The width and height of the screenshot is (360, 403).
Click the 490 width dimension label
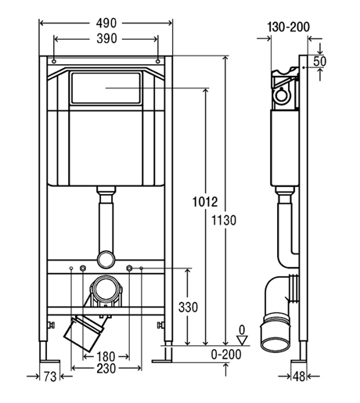(x=106, y=23)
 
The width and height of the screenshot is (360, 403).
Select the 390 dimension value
(x=106, y=39)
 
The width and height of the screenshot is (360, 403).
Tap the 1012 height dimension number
(x=205, y=202)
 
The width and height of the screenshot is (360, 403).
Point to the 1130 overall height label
(x=224, y=220)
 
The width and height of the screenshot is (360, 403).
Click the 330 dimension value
(x=188, y=307)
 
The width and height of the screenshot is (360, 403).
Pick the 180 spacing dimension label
(x=106, y=356)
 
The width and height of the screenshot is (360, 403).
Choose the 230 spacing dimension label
(x=106, y=369)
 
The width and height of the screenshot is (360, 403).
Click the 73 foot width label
(x=50, y=376)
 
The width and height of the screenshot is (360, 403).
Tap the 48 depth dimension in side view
(x=299, y=376)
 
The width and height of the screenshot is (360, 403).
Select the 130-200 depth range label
(x=289, y=27)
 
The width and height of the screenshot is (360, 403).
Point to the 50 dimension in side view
(x=319, y=61)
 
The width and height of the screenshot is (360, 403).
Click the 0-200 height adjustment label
(x=226, y=354)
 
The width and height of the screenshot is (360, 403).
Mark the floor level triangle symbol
(x=243, y=340)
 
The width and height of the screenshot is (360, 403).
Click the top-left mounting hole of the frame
(x=54, y=62)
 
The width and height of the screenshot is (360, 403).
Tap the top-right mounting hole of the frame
(x=157, y=62)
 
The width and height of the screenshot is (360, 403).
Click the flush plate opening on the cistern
(x=106, y=88)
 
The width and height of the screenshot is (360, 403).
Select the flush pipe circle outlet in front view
(x=106, y=259)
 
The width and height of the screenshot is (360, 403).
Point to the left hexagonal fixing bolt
(x=83, y=268)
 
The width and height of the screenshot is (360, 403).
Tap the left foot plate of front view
(x=50, y=362)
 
